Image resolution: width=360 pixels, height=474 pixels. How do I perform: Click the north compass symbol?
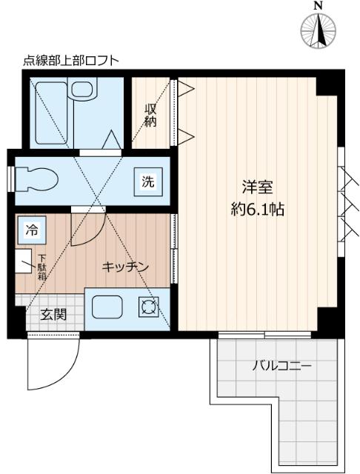click(319, 32)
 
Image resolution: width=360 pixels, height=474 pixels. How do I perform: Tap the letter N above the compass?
click(319, 7)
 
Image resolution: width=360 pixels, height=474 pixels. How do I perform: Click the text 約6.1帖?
click(256, 209)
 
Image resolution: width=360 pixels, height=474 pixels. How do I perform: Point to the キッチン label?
click(126, 265)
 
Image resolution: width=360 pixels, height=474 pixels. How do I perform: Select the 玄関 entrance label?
click(53, 314)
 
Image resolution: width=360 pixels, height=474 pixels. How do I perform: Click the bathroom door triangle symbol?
click(113, 140)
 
